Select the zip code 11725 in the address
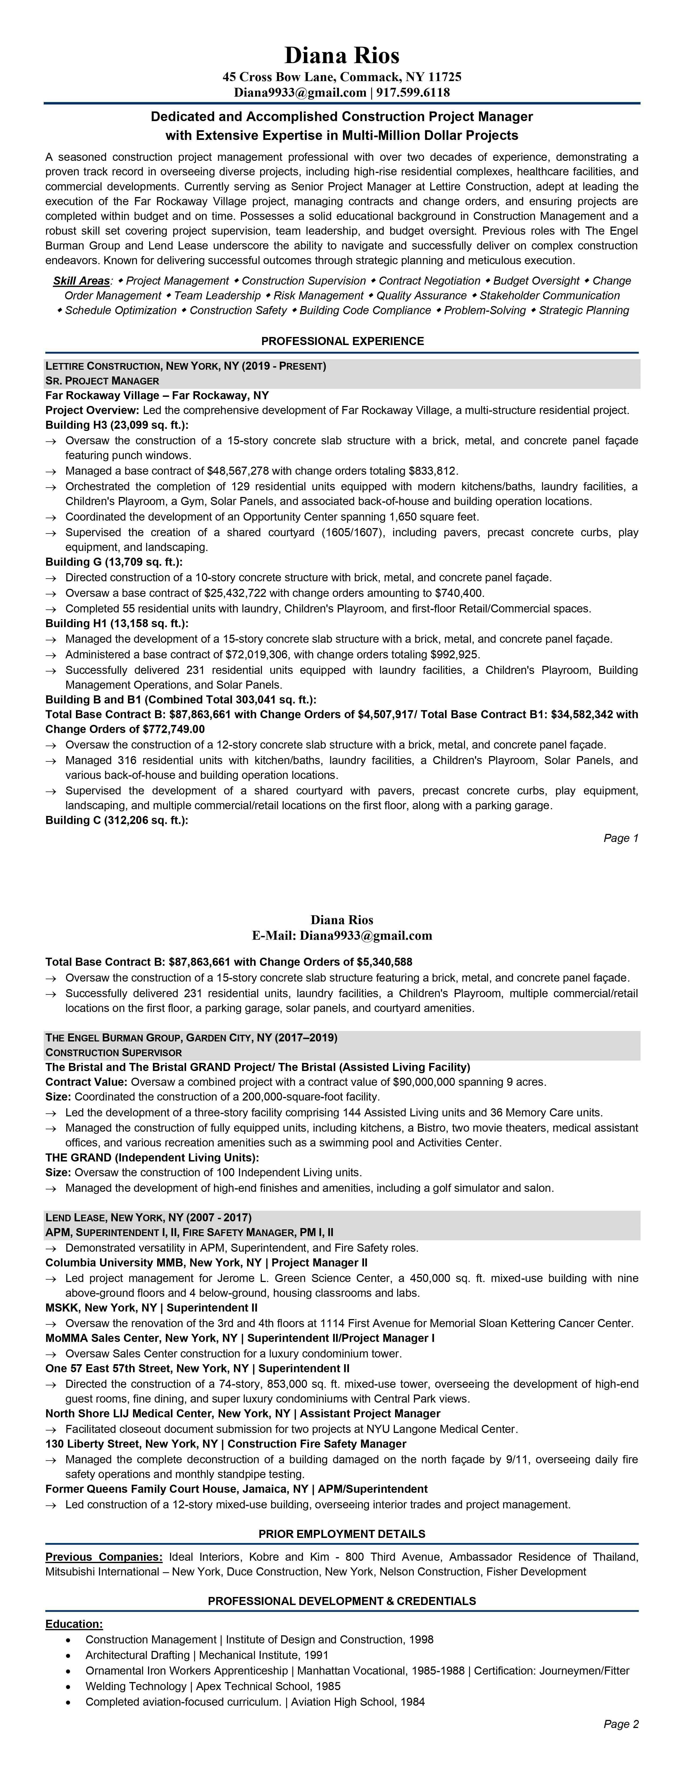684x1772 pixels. click(445, 77)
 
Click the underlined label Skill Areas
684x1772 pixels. click(81, 281)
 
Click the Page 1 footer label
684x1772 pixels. click(621, 838)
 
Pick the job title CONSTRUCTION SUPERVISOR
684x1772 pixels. click(113, 1052)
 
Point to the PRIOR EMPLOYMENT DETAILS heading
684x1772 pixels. click(342, 1534)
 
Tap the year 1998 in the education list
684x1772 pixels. click(421, 1639)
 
